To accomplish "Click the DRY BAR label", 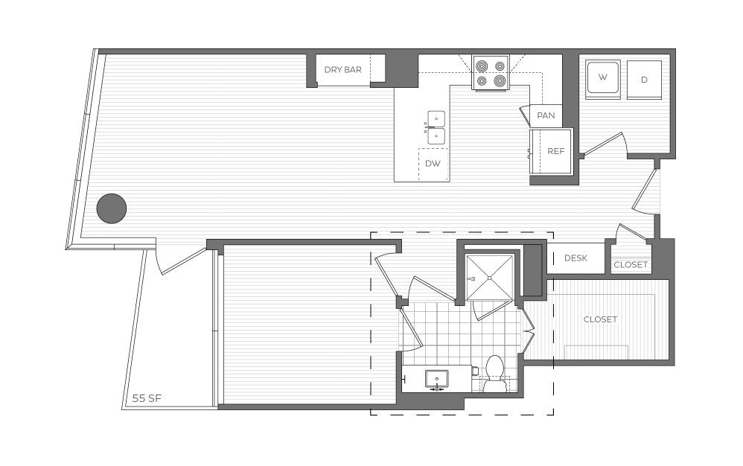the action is pos(342,70).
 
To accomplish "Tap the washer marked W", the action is pos(603,79).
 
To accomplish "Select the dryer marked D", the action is pos(644,80).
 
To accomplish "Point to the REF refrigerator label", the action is pos(556,151).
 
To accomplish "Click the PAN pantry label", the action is pos(546,115).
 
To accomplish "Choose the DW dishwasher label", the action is pos(433,163).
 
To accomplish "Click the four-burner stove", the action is pos(491,72).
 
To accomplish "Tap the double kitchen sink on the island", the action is pos(436,127).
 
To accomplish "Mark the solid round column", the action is pos(112,208).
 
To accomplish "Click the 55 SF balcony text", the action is pos(147,398).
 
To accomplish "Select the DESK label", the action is pos(575,258).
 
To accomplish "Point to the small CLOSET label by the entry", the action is pos(631,265).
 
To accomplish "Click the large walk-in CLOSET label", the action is pos(600,319).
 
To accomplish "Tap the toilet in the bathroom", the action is pos(494,374).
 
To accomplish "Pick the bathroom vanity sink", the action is pos(436,380).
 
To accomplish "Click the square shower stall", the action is pos(489,278).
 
